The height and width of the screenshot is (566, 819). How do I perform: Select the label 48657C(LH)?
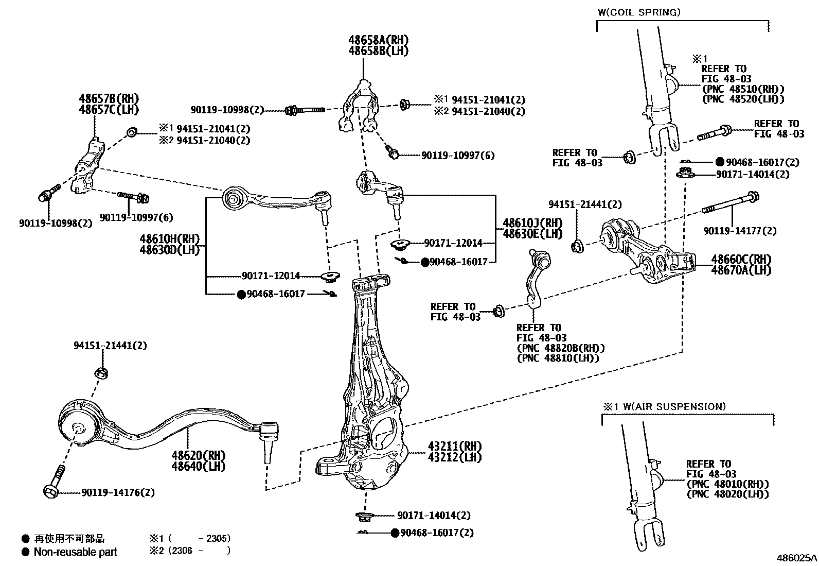(x=109, y=109)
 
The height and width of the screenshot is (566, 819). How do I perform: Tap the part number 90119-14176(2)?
(x=118, y=492)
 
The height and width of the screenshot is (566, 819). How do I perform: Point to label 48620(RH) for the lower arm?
(x=199, y=455)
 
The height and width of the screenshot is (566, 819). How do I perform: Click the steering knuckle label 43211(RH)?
(x=454, y=445)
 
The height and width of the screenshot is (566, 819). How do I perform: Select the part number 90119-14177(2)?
(x=740, y=231)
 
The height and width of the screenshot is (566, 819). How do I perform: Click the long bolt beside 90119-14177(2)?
(x=731, y=203)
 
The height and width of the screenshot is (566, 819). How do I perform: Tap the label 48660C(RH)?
(x=741, y=259)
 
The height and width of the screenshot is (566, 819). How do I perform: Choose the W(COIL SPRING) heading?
(x=639, y=12)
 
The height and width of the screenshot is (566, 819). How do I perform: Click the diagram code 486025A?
(x=796, y=558)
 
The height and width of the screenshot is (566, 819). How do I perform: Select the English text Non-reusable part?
(x=75, y=552)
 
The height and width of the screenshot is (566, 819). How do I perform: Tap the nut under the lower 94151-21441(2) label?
(x=101, y=372)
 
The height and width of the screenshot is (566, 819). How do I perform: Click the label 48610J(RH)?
(x=525, y=223)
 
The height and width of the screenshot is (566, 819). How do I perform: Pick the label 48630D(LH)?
(x=169, y=250)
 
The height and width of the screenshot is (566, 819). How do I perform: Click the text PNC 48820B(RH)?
(x=561, y=348)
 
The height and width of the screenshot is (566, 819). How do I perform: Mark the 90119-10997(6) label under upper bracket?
(x=458, y=155)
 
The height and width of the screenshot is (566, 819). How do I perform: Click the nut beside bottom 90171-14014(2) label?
(x=362, y=515)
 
